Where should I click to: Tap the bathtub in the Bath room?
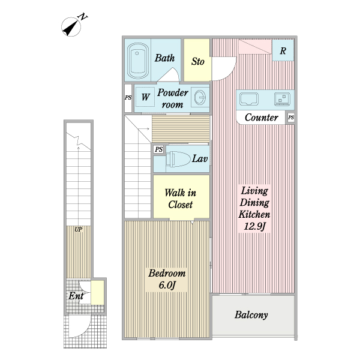pyautogui.click(x=137, y=61)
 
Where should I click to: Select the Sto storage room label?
pyautogui.click(x=197, y=61)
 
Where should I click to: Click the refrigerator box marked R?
pyautogui.click(x=283, y=50)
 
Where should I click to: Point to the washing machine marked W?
pyautogui.click(x=145, y=97)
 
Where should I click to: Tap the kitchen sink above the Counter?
pyautogui.click(x=249, y=99)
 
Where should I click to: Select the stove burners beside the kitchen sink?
pyautogui.click(x=283, y=99)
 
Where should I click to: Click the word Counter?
pyautogui.click(x=262, y=118)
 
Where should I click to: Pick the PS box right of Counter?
pyautogui.click(x=291, y=118)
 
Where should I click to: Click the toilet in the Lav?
pyautogui.click(x=178, y=158)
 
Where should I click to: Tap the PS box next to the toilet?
pyautogui.click(x=158, y=149)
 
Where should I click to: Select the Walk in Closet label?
pyautogui.click(x=181, y=199)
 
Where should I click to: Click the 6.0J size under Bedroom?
pyautogui.click(x=167, y=285)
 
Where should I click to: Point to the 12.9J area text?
pyautogui.click(x=254, y=226)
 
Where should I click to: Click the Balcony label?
pyautogui.click(x=251, y=315)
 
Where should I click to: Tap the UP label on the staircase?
pyautogui.click(x=78, y=229)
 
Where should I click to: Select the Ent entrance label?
pyautogui.click(x=76, y=296)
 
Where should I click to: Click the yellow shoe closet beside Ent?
pyautogui.click(x=98, y=293)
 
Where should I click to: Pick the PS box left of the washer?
pyautogui.click(x=128, y=98)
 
